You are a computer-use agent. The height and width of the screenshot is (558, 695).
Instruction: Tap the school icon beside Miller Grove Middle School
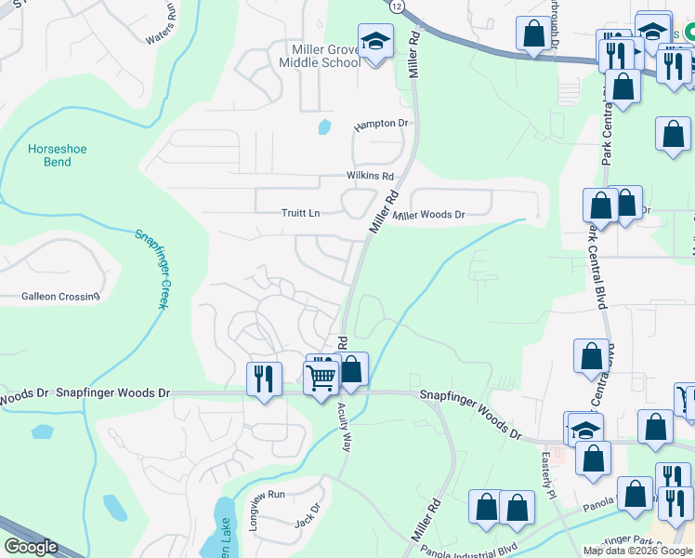(375, 42)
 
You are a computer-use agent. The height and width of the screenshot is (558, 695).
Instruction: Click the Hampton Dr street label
(381, 124)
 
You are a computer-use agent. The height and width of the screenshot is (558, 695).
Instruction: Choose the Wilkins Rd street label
(370, 176)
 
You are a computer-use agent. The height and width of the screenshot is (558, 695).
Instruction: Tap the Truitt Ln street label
(300, 213)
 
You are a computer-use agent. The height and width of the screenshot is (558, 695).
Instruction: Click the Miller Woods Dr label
(428, 215)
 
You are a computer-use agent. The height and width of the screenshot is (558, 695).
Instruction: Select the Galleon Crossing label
(60, 297)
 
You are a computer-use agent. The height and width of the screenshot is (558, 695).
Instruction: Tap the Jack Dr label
(307, 514)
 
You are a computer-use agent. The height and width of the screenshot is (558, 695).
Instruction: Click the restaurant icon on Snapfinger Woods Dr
(264, 379)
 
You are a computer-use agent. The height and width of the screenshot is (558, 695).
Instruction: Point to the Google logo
(31, 547)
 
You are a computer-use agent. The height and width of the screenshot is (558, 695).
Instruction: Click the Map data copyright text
(636, 551)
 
